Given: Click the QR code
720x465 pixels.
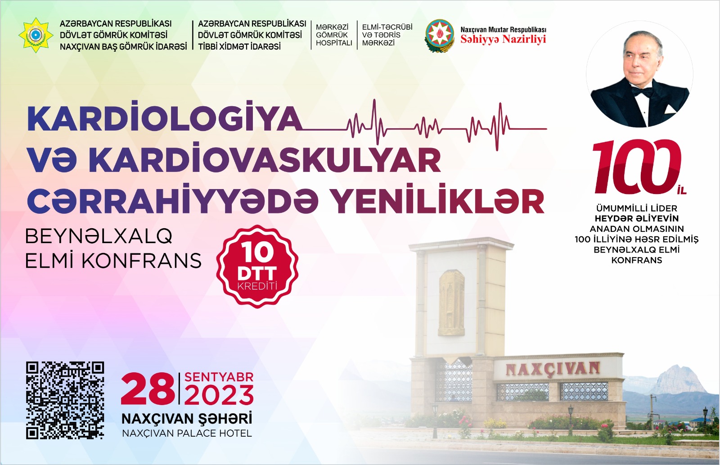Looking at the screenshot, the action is coord(65,400).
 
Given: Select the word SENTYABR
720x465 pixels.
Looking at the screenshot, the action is coord(219,377).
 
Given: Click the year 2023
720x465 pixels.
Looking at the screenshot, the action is coord(219,395).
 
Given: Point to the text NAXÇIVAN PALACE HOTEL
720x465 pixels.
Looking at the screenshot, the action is coord(187,433).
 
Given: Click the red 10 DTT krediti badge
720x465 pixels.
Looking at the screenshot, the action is coord(257,266).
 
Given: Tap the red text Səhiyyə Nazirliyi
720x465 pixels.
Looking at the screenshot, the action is coord(503,39).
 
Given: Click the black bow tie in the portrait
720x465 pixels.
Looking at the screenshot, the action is coord(643,92).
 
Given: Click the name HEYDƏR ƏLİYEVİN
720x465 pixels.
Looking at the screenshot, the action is coord(636,218).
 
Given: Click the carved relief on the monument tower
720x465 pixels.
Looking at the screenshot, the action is coord(451,303).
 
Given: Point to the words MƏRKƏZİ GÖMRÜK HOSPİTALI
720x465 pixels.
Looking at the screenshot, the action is coord(333,35).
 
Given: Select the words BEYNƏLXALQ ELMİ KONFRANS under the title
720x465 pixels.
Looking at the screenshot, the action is coord(113,249).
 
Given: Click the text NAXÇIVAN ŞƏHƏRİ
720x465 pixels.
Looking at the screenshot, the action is coord(187,419).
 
